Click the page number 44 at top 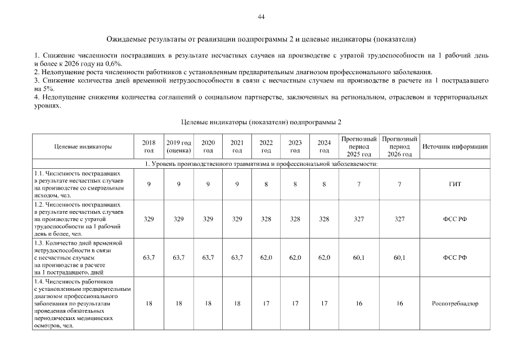261,16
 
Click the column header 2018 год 149,147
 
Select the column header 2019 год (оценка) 179,147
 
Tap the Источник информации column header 454,147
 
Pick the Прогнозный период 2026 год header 399,147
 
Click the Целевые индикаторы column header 83,147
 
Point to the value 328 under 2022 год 267,219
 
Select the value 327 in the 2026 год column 399,219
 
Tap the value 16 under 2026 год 399,303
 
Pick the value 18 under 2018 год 149,303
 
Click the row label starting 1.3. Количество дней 79,256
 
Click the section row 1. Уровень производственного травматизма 260,164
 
